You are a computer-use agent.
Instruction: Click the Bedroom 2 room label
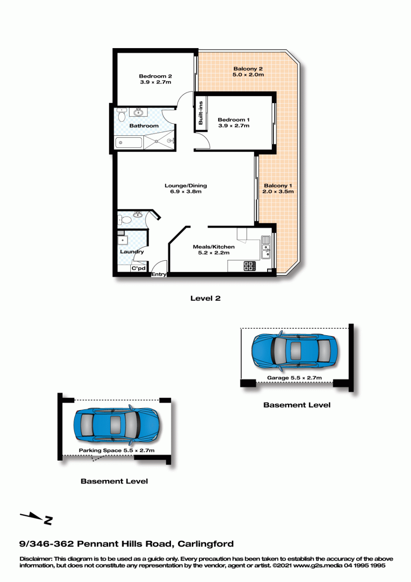[155, 76]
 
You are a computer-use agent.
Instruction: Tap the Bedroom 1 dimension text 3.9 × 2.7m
[234, 126]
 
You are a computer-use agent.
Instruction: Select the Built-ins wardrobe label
[201, 113]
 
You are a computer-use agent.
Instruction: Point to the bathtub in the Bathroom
[129, 143]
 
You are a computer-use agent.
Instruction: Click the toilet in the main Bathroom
[121, 115]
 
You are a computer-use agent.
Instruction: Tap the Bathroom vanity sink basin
[138, 113]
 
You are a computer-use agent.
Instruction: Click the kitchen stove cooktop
[249, 266]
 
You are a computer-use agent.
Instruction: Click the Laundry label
[132, 251]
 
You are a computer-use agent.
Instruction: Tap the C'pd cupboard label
[139, 268]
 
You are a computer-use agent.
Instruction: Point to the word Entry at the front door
[159, 274]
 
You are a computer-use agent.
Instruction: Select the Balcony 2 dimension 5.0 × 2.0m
[248, 74]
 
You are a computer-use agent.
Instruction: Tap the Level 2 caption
[205, 298]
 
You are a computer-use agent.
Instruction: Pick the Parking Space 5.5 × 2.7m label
[117, 450]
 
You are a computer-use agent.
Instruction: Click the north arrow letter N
[48, 520]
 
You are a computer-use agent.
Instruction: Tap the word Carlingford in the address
[205, 544]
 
